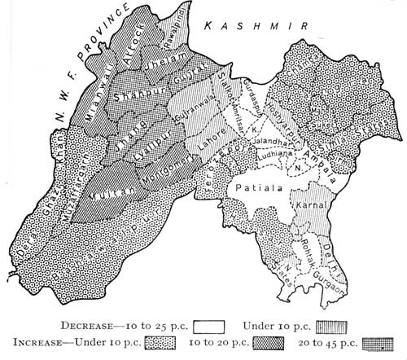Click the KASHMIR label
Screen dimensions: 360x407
(256, 26)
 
